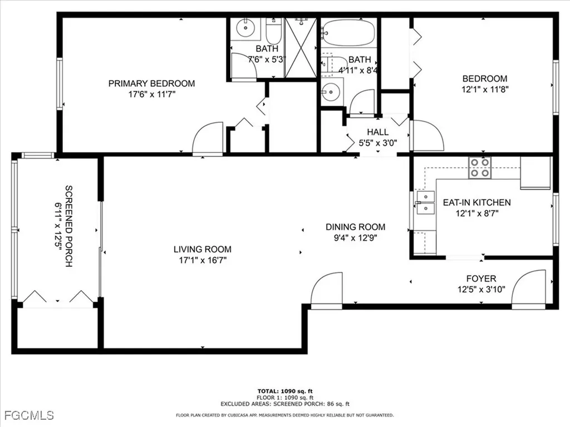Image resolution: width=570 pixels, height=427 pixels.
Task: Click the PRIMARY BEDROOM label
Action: click(x=151, y=83)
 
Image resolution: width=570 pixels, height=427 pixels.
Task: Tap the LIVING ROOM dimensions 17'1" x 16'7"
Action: click(x=202, y=260)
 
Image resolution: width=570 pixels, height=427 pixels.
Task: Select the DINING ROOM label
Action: click(x=355, y=227)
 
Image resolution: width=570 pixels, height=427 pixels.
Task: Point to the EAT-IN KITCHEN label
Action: click(x=476, y=202)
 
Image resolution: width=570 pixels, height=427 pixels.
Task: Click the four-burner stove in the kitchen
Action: click(x=480, y=167)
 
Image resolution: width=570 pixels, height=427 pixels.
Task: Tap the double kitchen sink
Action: click(x=425, y=202)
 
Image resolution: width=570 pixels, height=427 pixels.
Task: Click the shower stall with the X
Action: click(x=301, y=48)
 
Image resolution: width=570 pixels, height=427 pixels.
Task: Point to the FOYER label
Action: click(x=481, y=279)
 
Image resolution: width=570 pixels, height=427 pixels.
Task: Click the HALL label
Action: click(x=377, y=132)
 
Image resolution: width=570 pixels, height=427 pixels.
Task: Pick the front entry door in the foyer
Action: click(x=529, y=289)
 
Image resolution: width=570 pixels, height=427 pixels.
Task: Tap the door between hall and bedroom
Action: click(x=426, y=136)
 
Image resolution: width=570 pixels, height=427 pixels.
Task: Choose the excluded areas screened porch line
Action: click(x=284, y=404)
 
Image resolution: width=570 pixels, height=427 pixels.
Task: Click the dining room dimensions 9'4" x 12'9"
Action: click(x=355, y=237)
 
